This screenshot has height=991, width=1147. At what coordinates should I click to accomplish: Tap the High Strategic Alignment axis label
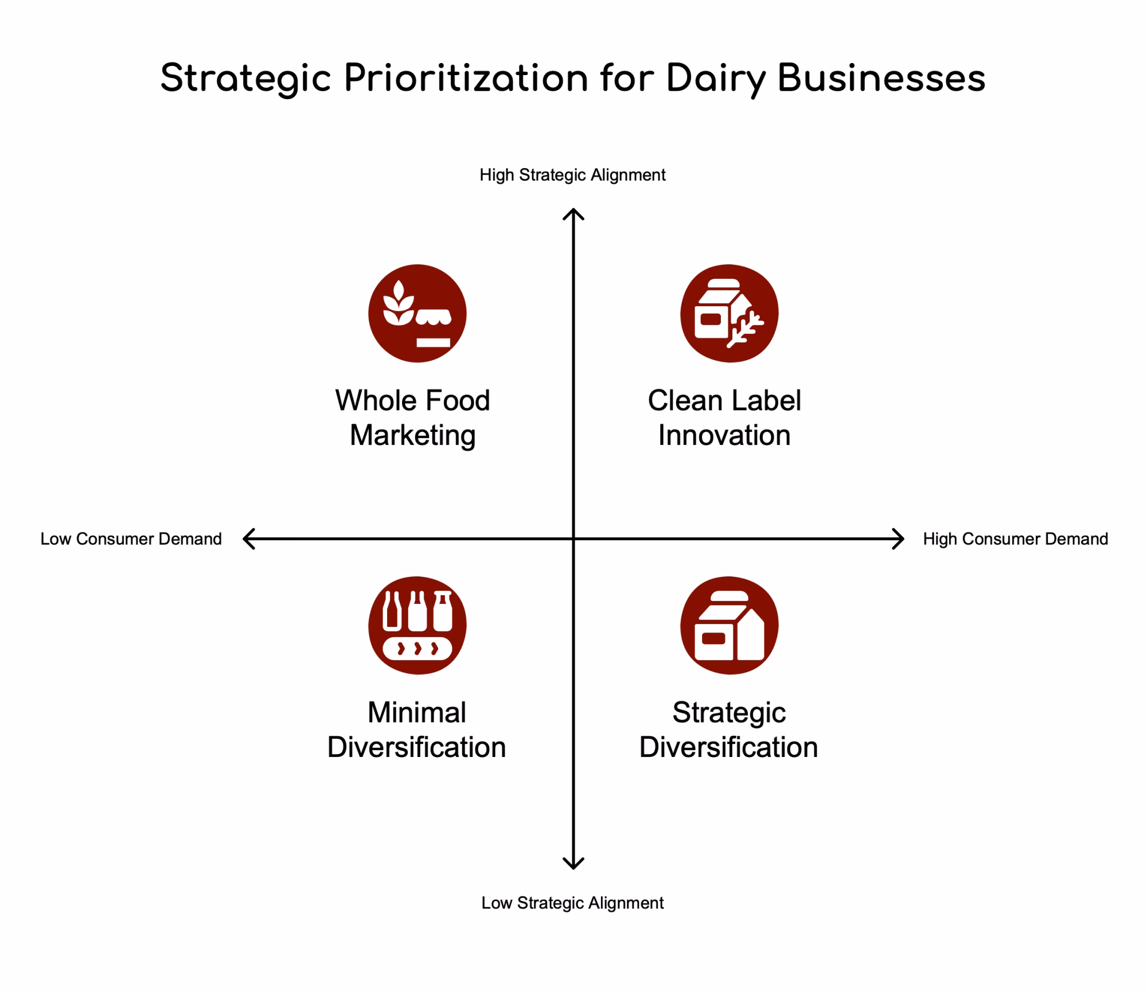pyautogui.click(x=572, y=175)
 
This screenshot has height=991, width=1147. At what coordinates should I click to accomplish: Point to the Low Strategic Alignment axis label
pyautogui.click(x=572, y=903)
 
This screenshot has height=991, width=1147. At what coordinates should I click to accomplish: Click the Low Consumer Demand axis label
pyautogui.click(x=131, y=539)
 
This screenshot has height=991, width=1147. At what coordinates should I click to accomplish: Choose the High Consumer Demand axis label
pyautogui.click(x=1015, y=539)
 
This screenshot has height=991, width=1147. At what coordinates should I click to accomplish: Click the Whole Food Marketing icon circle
pyautogui.click(x=418, y=313)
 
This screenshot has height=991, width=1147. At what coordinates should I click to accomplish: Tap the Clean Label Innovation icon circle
pyautogui.click(x=729, y=313)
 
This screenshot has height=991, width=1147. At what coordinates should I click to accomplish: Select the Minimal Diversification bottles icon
pyautogui.click(x=418, y=625)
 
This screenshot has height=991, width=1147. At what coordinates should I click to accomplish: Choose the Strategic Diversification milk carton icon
pyautogui.click(x=729, y=625)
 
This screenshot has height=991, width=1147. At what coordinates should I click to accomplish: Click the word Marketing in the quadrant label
pyautogui.click(x=413, y=436)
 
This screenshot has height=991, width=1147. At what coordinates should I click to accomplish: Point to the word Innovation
pyautogui.click(x=724, y=435)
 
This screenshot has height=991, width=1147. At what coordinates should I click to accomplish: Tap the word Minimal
pyautogui.click(x=417, y=713)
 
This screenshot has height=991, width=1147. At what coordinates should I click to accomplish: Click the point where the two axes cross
pyautogui.click(x=573, y=539)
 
